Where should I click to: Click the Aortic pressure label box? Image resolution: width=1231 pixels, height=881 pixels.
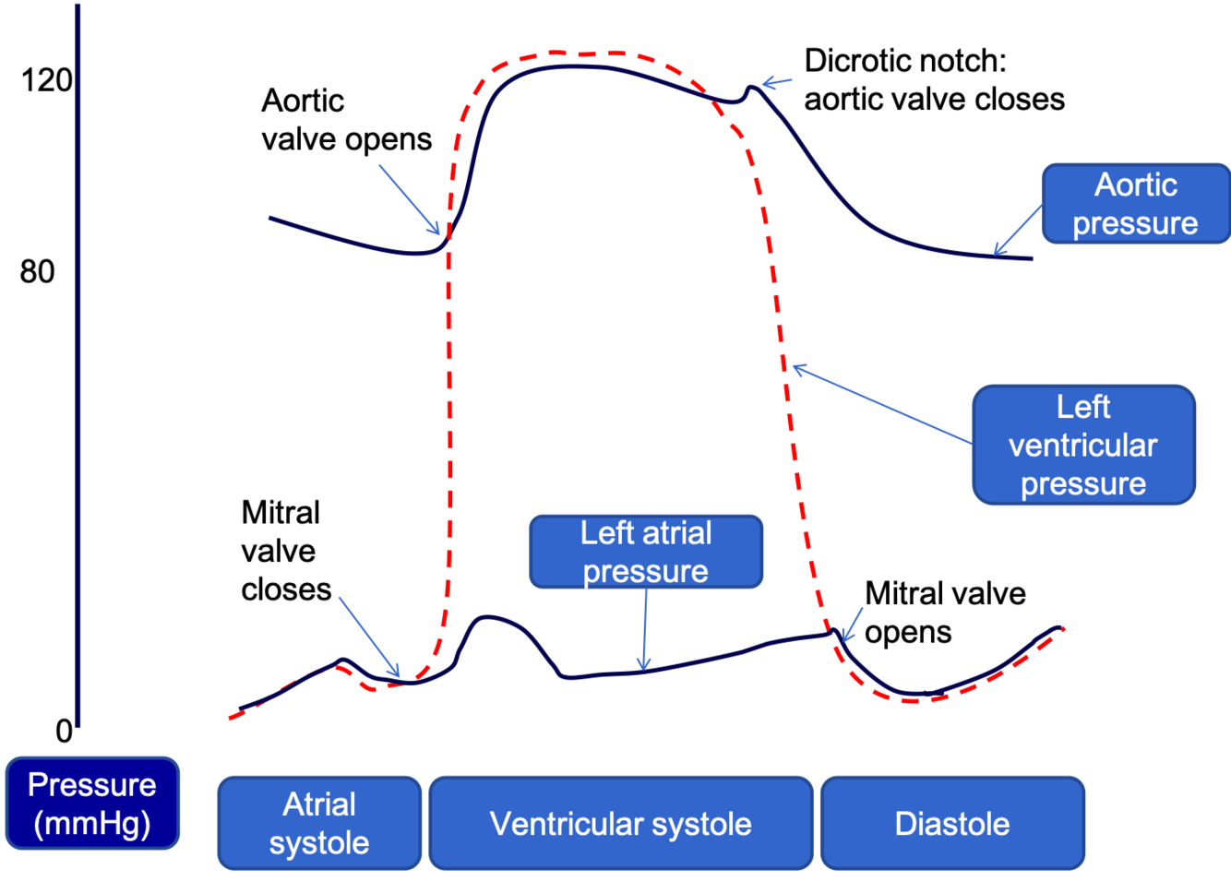click(x=1135, y=204)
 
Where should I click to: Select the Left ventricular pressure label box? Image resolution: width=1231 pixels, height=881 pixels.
click(x=1083, y=445)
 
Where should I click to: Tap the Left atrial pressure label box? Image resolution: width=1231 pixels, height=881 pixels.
click(x=646, y=552)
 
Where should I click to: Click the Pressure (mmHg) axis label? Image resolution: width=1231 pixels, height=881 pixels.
click(x=92, y=803)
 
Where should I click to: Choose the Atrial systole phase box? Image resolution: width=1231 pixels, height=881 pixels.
click(x=319, y=823)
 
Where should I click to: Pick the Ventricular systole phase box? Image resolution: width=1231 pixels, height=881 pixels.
click(x=620, y=823)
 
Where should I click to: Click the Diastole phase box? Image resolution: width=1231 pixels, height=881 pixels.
click(x=952, y=823)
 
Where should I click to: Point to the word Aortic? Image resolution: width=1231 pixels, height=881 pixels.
click(x=1135, y=185)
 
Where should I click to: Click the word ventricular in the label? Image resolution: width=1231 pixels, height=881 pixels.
click(x=1082, y=446)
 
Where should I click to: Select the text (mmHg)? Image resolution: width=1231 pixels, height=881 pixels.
click(x=92, y=823)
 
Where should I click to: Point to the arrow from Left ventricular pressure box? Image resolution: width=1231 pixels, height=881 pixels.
click(x=881, y=404)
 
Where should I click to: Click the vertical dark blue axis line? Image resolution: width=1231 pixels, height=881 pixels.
click(x=78, y=369)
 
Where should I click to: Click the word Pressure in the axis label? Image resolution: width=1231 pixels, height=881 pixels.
click(x=92, y=785)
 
